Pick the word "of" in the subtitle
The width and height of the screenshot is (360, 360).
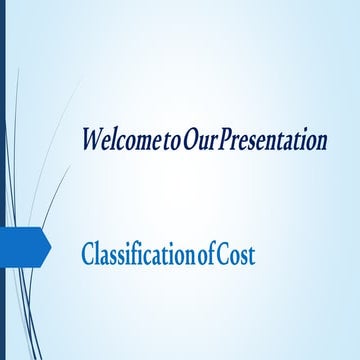(x=208, y=256)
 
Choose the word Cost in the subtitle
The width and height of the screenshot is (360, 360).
(x=237, y=256)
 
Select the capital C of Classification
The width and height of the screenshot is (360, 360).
(x=88, y=256)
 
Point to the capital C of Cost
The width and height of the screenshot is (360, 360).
(x=225, y=256)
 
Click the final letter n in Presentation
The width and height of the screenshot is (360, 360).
(x=323, y=140)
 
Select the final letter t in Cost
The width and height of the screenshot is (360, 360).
(x=251, y=257)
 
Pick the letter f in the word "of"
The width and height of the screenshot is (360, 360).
(x=213, y=255)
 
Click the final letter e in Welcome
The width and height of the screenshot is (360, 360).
(x=152, y=140)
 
